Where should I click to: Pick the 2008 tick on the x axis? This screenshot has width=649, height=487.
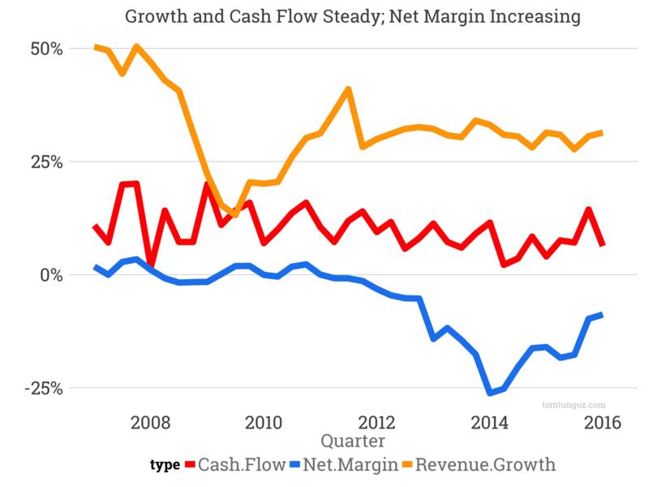149,423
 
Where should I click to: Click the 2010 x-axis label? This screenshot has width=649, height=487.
263,423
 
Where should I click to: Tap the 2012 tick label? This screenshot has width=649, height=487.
376,423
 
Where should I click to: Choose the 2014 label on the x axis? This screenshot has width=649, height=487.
490,423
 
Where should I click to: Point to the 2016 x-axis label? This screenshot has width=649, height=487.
603,423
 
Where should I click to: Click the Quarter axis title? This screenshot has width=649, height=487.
353,441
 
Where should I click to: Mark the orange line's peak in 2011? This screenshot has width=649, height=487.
348,89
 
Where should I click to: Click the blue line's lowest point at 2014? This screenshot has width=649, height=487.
489,393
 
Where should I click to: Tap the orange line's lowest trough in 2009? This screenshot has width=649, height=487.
234,214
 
